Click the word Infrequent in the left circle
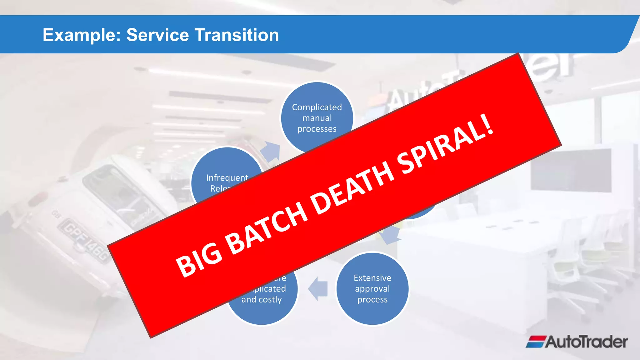pos(227,177)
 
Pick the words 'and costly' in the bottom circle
pos(262,299)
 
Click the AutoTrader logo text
pos(586,342)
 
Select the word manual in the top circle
pos(317,118)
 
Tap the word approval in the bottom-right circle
pos(372,289)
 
